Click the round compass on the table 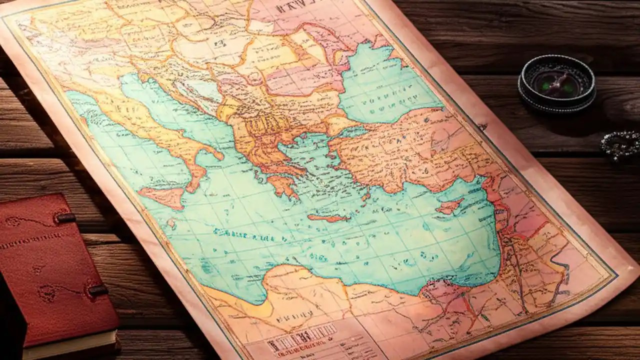(x=556, y=82)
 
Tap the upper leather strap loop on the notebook (x=65, y=218)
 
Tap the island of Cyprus (x=450, y=205)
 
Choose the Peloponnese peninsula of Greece (x=283, y=184)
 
